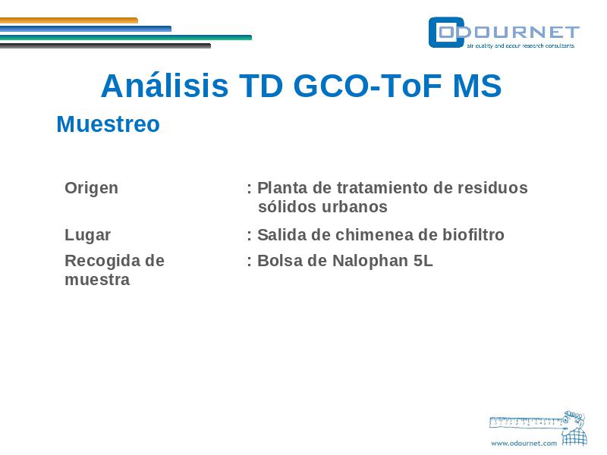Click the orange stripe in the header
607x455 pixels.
click(69, 20)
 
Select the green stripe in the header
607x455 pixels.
click(126, 37)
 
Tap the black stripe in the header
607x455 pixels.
click(105, 45)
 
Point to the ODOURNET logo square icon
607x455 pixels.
click(446, 33)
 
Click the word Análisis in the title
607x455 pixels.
click(165, 86)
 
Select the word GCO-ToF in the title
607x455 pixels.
click(367, 86)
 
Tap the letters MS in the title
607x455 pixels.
click(477, 86)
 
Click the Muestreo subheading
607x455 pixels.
click(108, 124)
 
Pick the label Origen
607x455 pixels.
click(91, 188)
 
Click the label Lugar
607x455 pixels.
click(87, 235)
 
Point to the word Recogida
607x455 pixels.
click(102, 262)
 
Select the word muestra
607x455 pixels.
click(97, 280)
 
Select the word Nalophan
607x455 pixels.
click(370, 261)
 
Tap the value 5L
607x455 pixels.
click(423, 261)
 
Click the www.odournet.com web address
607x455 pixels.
click(524, 444)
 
